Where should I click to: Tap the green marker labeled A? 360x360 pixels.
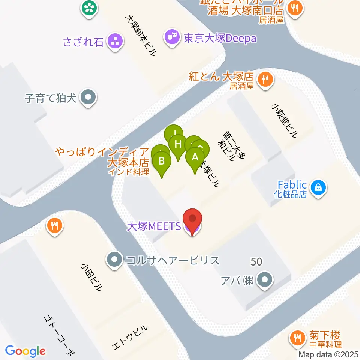(x=195, y=157)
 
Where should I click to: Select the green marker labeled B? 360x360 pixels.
(x=162, y=162)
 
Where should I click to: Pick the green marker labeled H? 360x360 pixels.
(x=178, y=144)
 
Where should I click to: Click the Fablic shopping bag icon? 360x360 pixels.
(x=318, y=186)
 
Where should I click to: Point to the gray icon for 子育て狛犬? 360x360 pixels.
(x=88, y=98)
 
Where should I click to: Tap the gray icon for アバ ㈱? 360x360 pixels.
(x=265, y=279)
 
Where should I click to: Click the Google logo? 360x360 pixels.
(x=25, y=351)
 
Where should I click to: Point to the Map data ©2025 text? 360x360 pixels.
(x=329, y=354)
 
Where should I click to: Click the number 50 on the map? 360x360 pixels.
(x=256, y=261)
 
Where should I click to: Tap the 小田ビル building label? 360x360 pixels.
(x=91, y=277)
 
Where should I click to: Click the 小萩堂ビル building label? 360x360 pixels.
(x=285, y=121)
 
